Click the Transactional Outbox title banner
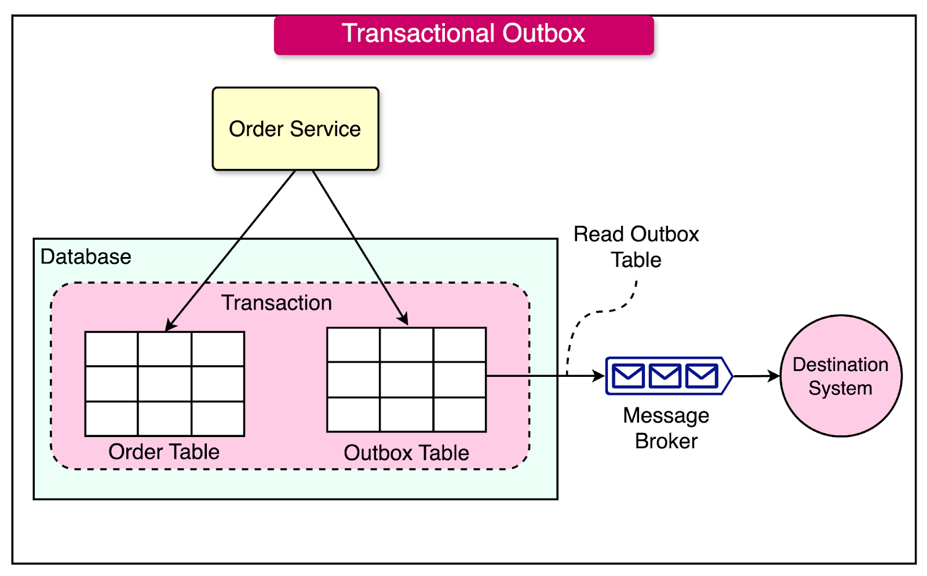click(x=463, y=35)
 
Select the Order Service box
click(x=295, y=129)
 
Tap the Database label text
click(x=86, y=257)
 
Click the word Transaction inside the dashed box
click(x=277, y=303)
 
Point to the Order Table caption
click(x=164, y=452)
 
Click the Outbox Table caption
click(x=406, y=453)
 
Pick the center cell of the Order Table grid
click(x=165, y=384)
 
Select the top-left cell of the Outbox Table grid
click(x=353, y=345)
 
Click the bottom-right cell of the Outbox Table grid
click(x=459, y=414)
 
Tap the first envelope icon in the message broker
click(x=628, y=376)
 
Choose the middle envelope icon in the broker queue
click(x=665, y=376)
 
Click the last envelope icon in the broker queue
click(x=701, y=376)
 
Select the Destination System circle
click(x=841, y=376)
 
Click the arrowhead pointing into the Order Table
click(x=170, y=325)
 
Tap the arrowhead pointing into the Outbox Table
click(x=404, y=319)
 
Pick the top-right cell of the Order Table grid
click(x=218, y=349)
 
